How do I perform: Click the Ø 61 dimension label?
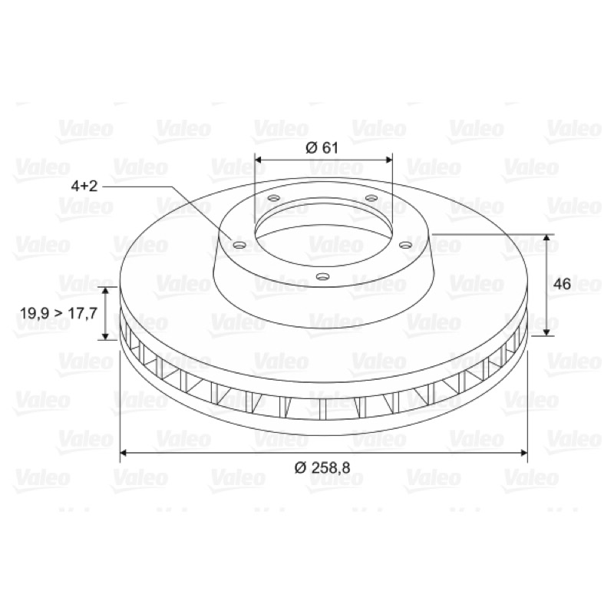tap(321, 147)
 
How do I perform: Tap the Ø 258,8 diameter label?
tap(322, 467)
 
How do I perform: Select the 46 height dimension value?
tap(563, 284)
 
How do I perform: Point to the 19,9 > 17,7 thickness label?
tap(58, 313)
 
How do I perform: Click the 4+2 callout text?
tap(84, 186)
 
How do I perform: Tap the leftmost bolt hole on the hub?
tap(239, 246)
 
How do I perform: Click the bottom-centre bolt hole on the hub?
tap(322, 276)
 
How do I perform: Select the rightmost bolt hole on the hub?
tap(405, 246)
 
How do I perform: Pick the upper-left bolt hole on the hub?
tap(273, 198)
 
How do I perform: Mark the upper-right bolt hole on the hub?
tap(371, 198)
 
